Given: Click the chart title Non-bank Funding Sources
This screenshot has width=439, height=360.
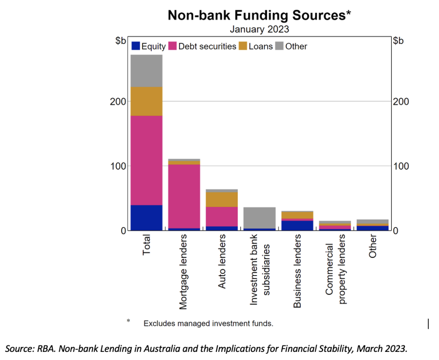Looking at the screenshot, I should point(259,16).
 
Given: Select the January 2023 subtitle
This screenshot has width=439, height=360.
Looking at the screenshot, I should point(259,30).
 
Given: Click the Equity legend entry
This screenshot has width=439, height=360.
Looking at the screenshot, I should point(148,46).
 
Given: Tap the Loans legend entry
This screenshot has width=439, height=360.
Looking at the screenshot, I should point(256,46).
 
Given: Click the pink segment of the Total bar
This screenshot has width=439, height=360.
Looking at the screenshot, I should point(146,161).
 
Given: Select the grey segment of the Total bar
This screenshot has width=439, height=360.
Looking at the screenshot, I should point(146,71).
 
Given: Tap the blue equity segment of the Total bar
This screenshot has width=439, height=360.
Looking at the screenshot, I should point(146,218).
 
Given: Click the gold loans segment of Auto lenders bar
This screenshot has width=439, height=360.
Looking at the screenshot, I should point(222,199).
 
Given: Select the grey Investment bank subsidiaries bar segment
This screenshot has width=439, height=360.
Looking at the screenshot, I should point(259,218).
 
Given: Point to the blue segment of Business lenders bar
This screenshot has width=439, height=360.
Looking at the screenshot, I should point(297,225).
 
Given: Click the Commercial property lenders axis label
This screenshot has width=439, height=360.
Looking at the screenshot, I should point(335,274).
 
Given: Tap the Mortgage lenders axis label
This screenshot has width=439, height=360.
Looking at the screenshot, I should point(183,272).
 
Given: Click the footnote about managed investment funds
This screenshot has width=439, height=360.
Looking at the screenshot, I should point(208,324).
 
